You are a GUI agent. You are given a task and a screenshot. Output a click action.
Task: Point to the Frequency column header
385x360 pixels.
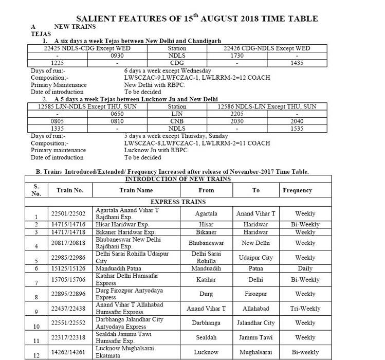[297, 190]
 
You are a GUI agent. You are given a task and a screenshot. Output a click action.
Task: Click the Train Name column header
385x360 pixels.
[136, 190]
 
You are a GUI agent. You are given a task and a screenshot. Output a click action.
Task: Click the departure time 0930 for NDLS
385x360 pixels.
[117, 55]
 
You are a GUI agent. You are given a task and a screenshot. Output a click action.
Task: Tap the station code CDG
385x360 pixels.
[177, 62]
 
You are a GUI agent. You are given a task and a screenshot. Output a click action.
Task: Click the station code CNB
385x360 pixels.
[177, 120]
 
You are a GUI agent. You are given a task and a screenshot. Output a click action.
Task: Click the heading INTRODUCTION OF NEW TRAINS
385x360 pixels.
[178, 179]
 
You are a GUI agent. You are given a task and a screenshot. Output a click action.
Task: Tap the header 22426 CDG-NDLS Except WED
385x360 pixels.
[267, 48]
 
